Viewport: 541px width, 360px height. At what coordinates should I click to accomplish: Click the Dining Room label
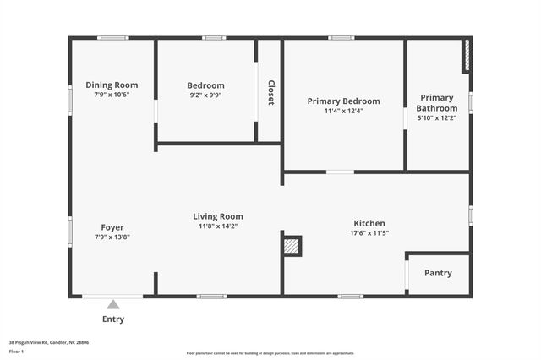coord(112,85)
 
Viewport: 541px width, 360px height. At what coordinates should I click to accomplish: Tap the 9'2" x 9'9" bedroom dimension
coord(205,95)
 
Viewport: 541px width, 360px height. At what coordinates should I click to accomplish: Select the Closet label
coord(270,92)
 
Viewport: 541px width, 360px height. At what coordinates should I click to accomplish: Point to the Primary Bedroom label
coord(343,101)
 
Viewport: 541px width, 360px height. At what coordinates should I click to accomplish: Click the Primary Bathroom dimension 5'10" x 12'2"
coord(437,118)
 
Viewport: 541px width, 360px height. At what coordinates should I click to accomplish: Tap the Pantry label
coord(438,273)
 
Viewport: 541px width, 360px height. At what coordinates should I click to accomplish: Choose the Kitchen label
coord(369,223)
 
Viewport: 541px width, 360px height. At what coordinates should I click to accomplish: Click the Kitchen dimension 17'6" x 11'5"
coord(370,233)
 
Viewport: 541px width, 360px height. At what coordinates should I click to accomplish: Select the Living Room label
coord(218,216)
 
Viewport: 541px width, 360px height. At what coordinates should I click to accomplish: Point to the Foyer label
coord(112,227)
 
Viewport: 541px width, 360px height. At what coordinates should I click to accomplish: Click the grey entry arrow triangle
coord(113,304)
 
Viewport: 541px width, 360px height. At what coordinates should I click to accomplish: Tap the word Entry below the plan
coord(113,319)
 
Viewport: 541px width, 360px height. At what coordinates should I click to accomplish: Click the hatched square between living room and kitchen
coord(292,246)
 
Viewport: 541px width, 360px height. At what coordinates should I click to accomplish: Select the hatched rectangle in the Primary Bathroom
coord(466,56)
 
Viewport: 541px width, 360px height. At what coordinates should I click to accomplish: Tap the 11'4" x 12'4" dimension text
coord(343,111)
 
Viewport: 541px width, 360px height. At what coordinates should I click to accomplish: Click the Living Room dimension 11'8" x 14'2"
coord(218,226)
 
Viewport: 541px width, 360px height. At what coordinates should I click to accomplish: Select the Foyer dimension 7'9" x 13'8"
coord(112,237)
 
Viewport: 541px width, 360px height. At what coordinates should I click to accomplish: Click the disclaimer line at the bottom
coord(270,353)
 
